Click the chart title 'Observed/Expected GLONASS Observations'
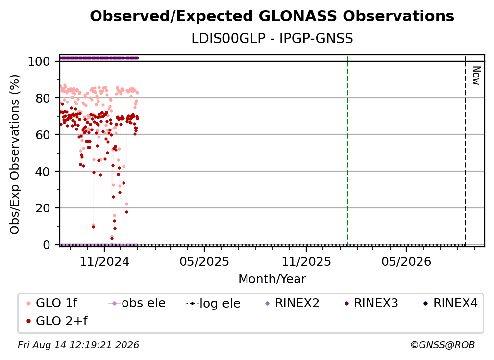[x=272, y=16]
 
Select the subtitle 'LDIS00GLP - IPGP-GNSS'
[x=272, y=39]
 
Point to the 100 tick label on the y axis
[x=39, y=61]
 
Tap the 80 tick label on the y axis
[x=43, y=99]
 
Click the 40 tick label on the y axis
[x=43, y=172]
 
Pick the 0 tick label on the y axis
[x=47, y=245]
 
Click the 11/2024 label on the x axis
[x=104, y=261]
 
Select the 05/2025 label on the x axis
[x=204, y=261]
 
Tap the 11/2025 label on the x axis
[x=306, y=261]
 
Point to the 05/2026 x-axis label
[x=406, y=261]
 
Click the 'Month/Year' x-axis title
[x=272, y=279]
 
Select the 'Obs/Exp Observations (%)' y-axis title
[x=15, y=154]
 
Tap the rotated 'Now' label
[x=476, y=76]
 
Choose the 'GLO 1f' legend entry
[x=52, y=303]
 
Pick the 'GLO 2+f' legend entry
[x=57, y=321]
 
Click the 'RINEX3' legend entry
[x=371, y=303]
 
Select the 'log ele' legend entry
[x=213, y=303]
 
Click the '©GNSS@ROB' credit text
[x=443, y=345]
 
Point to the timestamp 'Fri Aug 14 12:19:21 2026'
[x=78, y=345]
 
